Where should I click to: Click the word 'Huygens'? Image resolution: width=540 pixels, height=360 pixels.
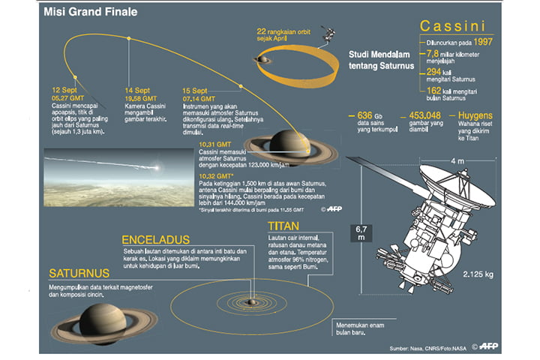coord(473,115)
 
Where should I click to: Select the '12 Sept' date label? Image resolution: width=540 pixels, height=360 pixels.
coord(61,88)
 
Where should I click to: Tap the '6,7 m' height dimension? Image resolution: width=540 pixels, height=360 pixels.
coord(361,232)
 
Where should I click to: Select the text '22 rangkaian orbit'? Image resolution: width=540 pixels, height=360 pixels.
coord(283,31)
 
